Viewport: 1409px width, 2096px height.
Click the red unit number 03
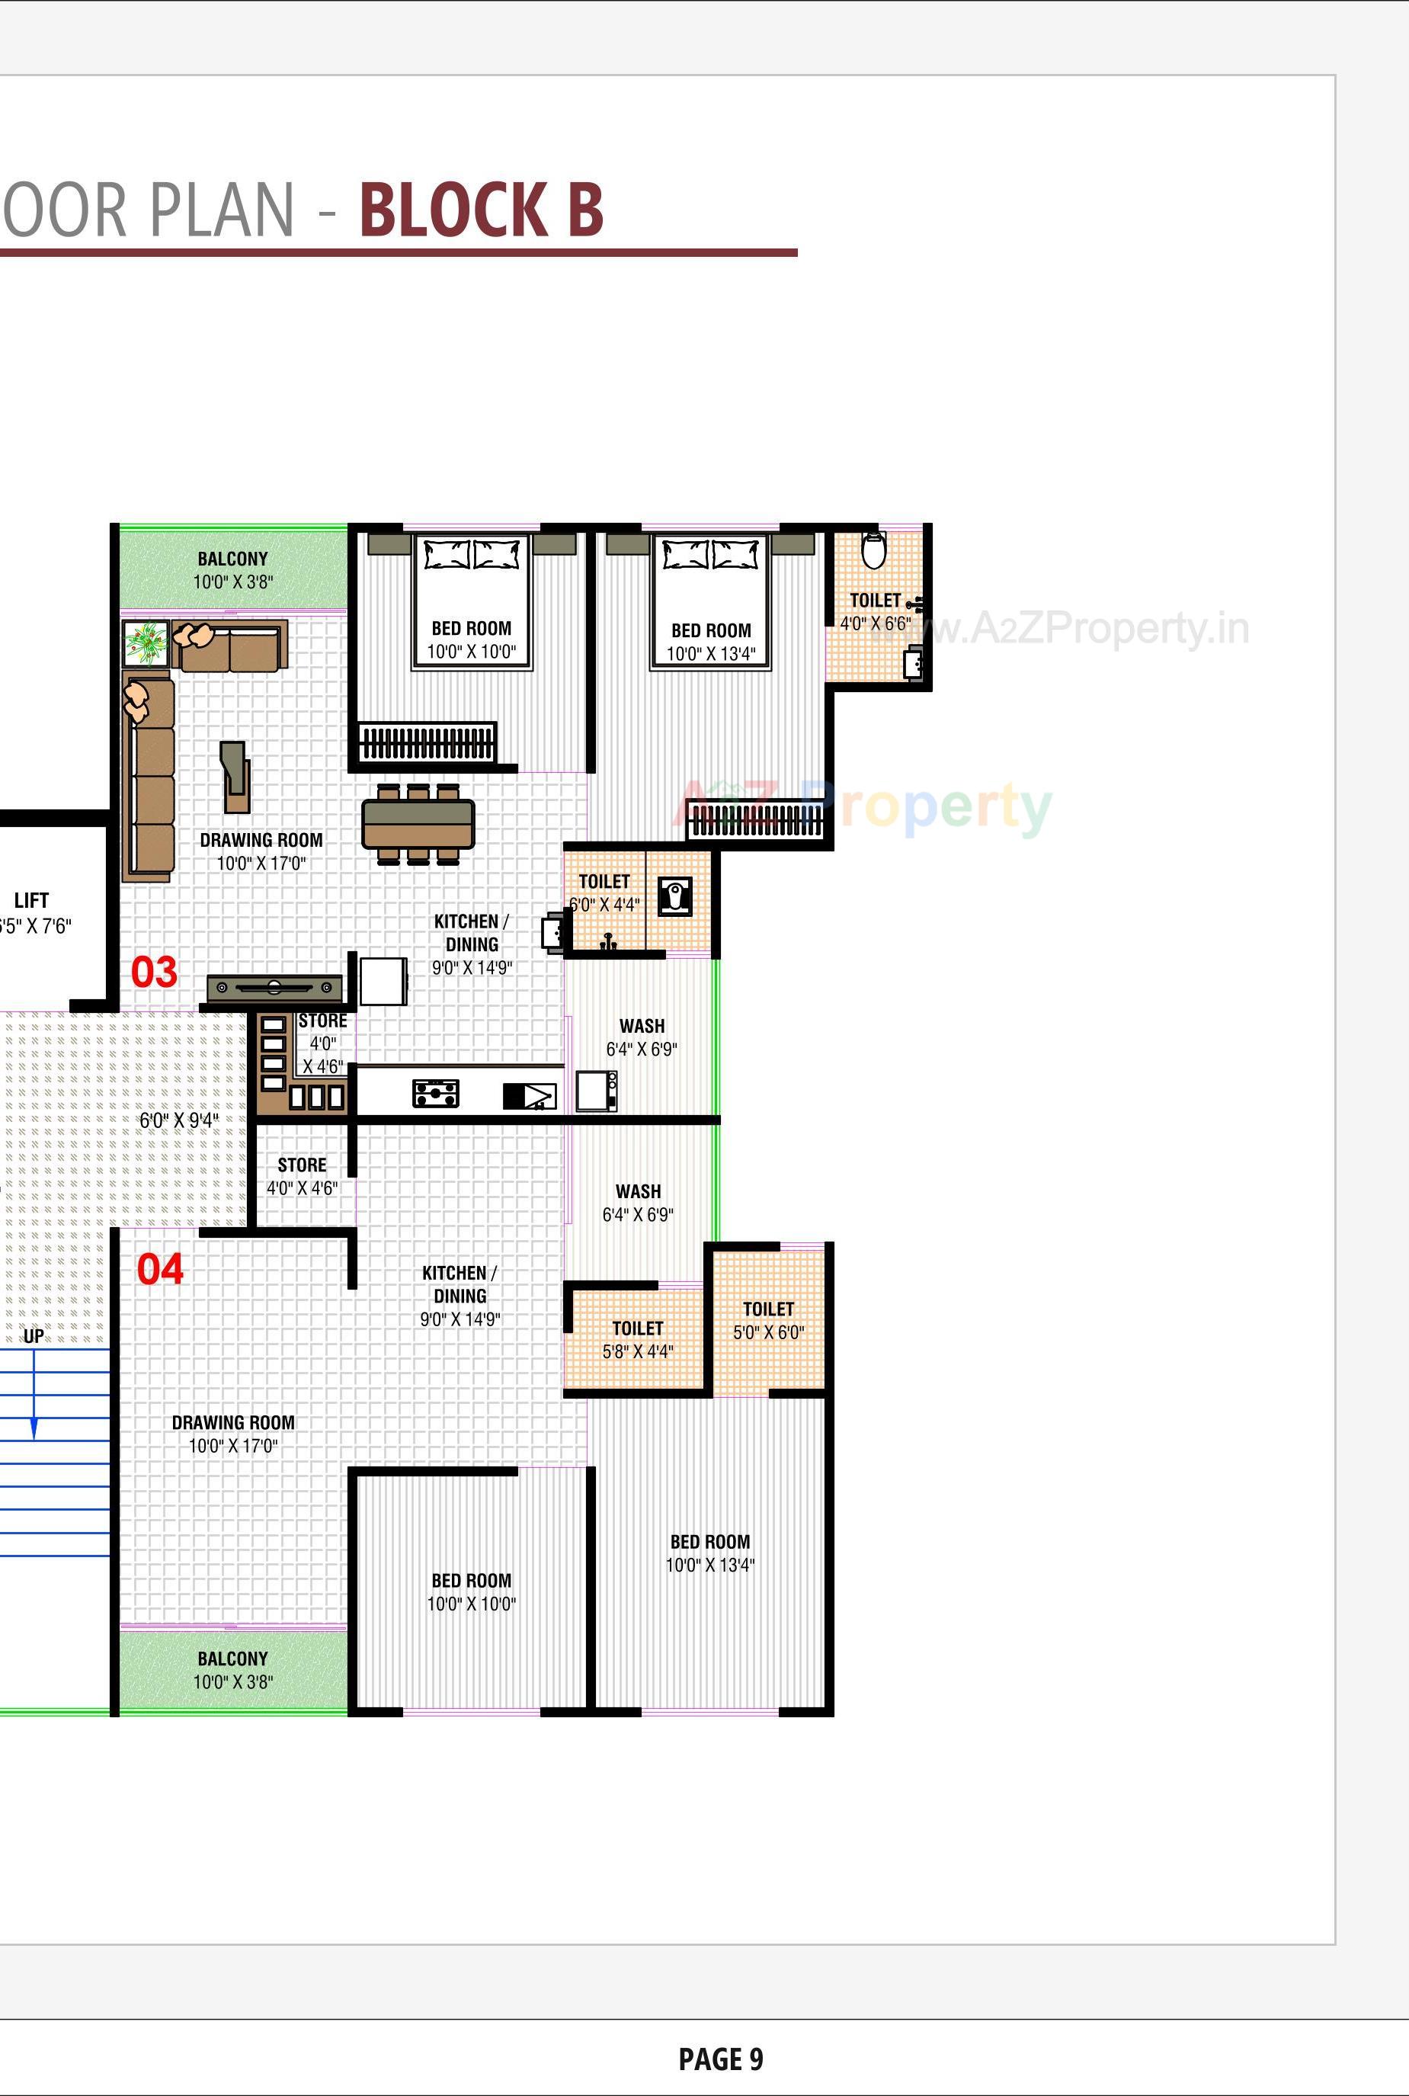tap(154, 972)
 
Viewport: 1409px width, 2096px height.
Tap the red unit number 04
tap(160, 1269)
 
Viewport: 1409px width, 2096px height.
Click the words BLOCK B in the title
tap(481, 210)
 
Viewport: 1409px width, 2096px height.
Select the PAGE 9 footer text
tap(721, 2058)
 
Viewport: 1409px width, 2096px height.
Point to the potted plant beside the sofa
tap(146, 642)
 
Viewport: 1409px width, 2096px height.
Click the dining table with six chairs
tap(418, 823)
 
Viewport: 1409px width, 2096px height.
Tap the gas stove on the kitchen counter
tap(436, 1093)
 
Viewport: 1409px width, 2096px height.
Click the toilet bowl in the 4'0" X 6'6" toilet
tap(873, 550)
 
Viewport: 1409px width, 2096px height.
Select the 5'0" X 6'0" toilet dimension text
tap(768, 1332)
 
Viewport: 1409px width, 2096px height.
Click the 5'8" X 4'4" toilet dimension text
tap(637, 1351)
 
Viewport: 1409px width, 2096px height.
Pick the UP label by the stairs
tap(34, 1335)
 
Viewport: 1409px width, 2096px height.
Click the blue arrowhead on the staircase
tap(34, 1428)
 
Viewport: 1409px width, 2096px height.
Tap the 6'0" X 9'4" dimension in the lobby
tap(179, 1120)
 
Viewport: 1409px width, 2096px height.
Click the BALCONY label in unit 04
tap(232, 1659)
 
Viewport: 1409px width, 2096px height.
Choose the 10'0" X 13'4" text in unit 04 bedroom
tap(710, 1565)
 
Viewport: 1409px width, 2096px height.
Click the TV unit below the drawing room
tap(274, 988)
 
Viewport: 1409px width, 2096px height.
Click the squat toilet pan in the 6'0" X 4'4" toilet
tap(675, 896)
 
